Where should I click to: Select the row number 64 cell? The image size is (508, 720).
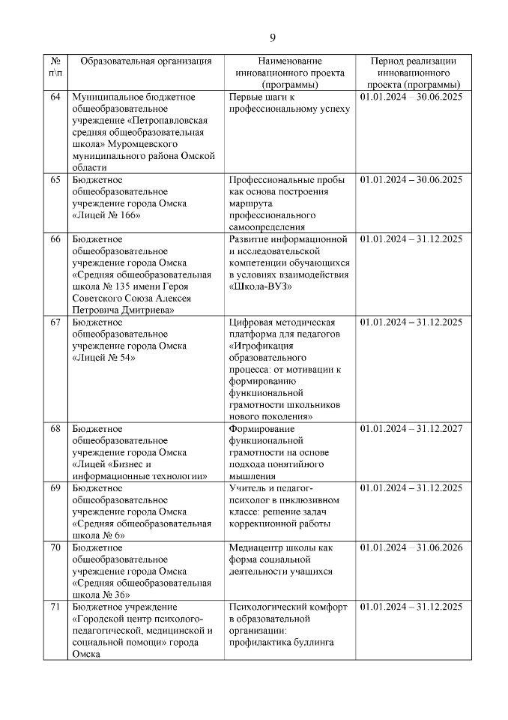(x=55, y=97)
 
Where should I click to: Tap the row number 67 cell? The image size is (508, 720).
(x=55, y=322)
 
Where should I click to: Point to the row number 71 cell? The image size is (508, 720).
(x=55, y=607)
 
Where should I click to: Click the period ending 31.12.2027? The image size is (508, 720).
(x=411, y=429)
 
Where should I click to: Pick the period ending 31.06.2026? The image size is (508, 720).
(x=411, y=547)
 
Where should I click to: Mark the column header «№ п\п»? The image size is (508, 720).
(x=55, y=67)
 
